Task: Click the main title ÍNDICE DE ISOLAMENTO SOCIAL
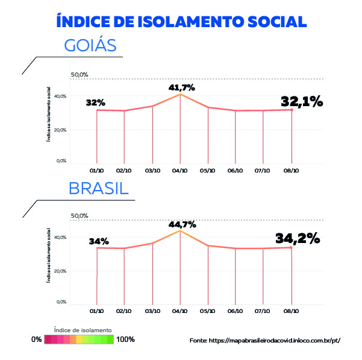(x=181, y=21)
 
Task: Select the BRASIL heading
(x=99, y=188)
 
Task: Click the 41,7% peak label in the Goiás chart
(x=182, y=88)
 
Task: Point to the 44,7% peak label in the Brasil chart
(x=183, y=225)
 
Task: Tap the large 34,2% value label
(x=298, y=238)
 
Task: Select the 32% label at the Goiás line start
(x=95, y=103)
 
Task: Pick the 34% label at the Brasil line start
(x=99, y=241)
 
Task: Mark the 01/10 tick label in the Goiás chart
(x=96, y=171)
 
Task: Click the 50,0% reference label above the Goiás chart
(x=80, y=75)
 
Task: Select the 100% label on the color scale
(x=126, y=339)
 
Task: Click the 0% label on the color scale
(x=37, y=339)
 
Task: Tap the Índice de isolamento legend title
(x=83, y=330)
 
